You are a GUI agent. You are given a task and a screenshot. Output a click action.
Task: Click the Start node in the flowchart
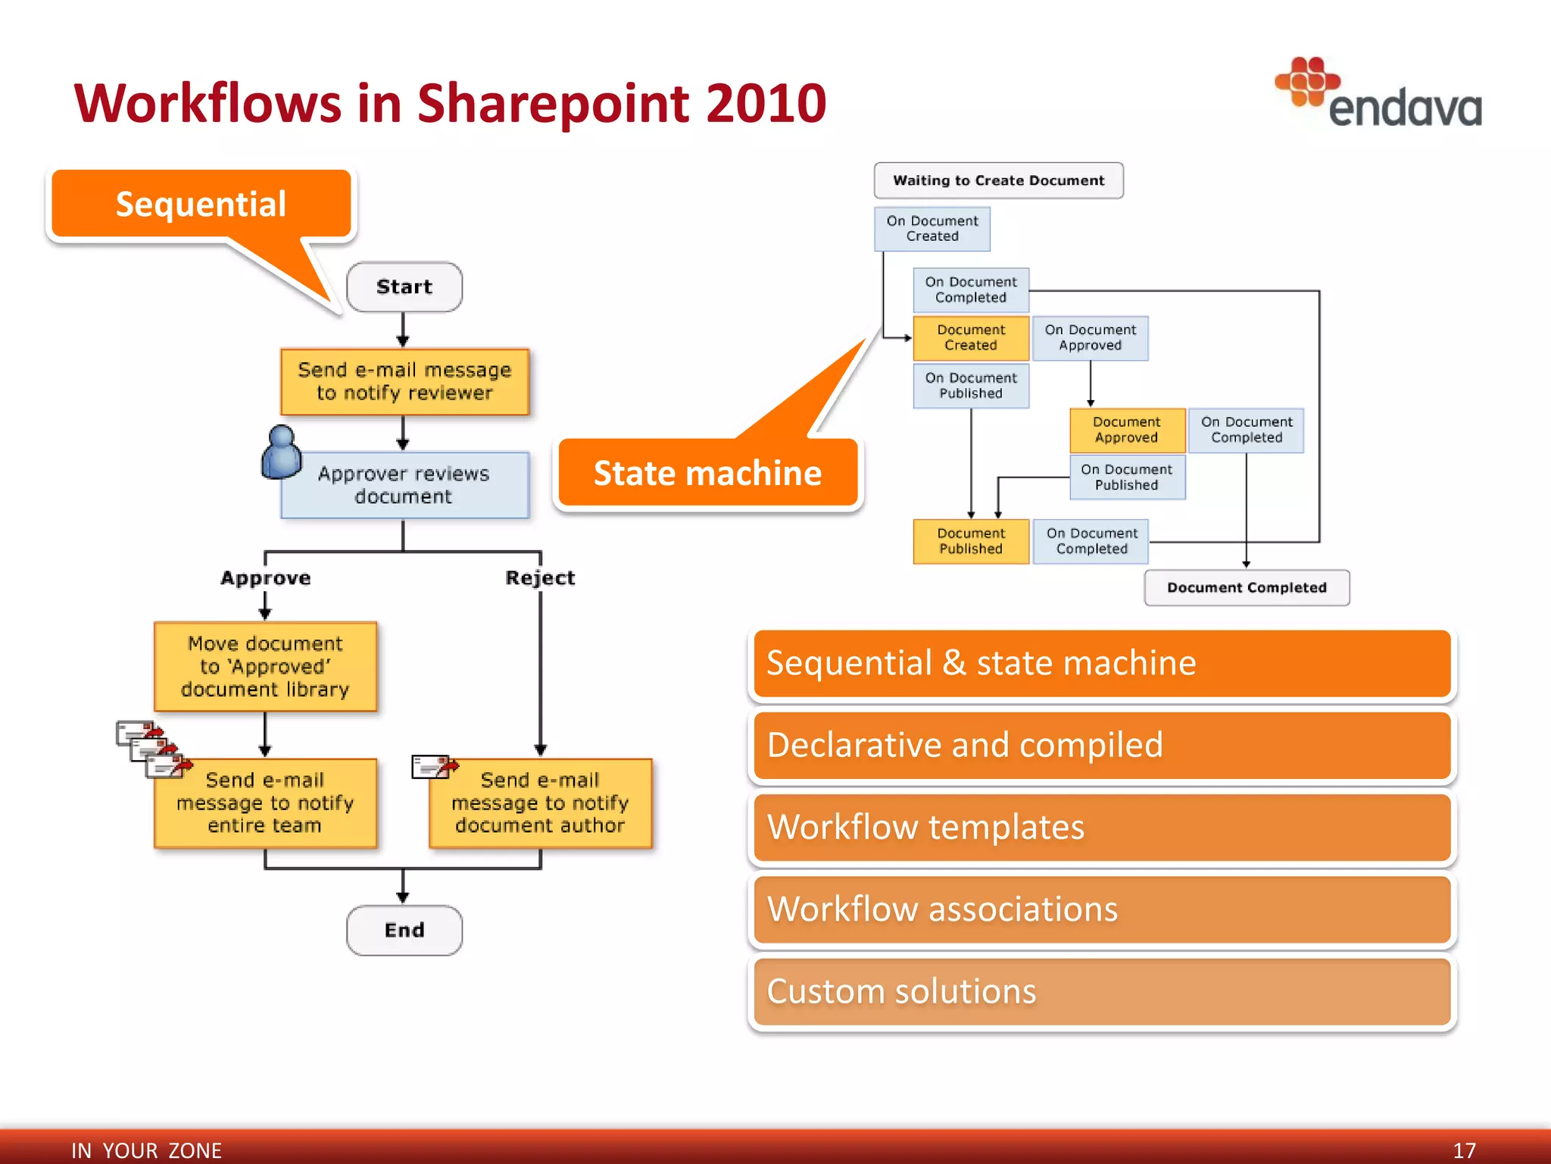pyautogui.click(x=404, y=287)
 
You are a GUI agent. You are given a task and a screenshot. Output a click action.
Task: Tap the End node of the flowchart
pyautogui.click(x=404, y=930)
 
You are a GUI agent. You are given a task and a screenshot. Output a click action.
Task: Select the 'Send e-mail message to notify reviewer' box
pyautogui.click(x=404, y=381)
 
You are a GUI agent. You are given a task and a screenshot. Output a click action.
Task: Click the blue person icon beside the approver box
pyautogui.click(x=281, y=452)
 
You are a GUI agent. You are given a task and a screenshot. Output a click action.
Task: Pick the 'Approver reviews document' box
pyautogui.click(x=404, y=485)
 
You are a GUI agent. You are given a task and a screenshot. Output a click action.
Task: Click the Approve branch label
pyautogui.click(x=265, y=577)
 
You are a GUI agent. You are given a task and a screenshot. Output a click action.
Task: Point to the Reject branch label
pyautogui.click(x=540, y=577)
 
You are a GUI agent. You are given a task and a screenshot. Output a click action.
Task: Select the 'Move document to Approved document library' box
pyautogui.click(x=265, y=666)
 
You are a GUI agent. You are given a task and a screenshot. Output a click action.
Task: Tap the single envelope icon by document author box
pyautogui.click(x=434, y=766)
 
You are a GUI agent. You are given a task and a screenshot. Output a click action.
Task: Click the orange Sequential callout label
pyautogui.click(x=201, y=204)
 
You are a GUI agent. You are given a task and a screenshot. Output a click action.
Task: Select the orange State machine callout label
pyautogui.click(x=707, y=473)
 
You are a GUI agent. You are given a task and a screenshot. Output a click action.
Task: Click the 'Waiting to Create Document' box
pyautogui.click(x=998, y=180)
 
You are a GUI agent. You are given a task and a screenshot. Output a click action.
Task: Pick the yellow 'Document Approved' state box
pyautogui.click(x=1126, y=430)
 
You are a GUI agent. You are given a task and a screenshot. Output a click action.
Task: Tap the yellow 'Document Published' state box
pyautogui.click(x=970, y=541)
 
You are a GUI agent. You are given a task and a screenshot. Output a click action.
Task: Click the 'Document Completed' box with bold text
pyautogui.click(x=1246, y=587)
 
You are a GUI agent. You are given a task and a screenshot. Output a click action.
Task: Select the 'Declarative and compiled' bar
pyautogui.click(x=1102, y=745)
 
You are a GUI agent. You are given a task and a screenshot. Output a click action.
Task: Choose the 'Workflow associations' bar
pyautogui.click(x=1102, y=909)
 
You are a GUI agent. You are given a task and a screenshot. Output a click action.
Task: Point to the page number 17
pyautogui.click(x=1464, y=1150)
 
